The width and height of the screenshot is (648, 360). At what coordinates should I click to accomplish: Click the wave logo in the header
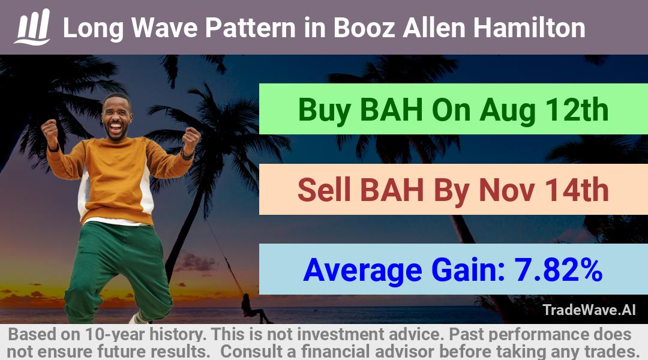click(x=32, y=26)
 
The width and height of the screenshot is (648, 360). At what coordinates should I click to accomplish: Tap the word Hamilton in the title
click(x=529, y=28)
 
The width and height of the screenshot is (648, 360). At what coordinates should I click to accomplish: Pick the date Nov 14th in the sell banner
click(x=544, y=190)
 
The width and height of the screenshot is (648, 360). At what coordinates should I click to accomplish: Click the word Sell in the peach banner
click(x=324, y=190)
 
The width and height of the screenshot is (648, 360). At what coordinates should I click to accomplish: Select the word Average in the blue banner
click(x=363, y=271)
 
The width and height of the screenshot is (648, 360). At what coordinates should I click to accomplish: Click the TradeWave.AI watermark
click(x=589, y=310)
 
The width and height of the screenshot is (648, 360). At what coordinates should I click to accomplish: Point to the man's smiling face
click(x=116, y=117)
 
